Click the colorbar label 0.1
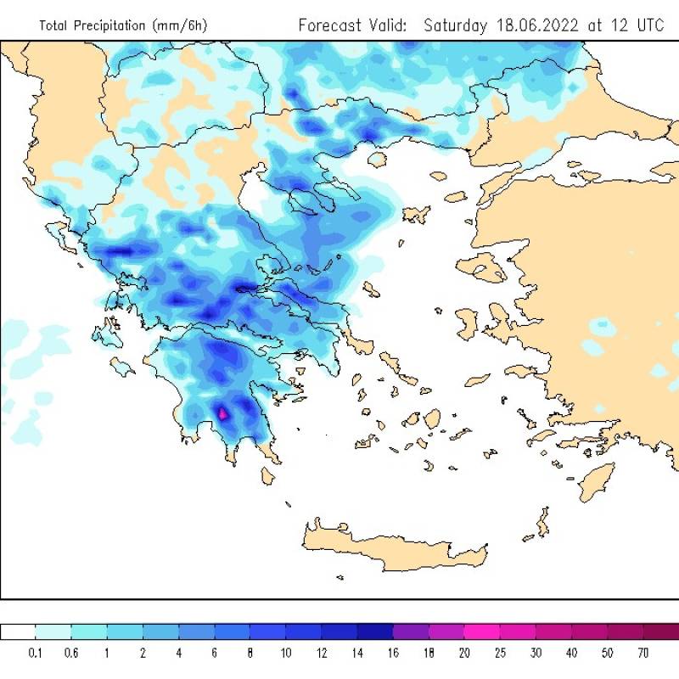[x=36, y=653]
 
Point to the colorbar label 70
[x=643, y=653]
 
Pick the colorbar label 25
[x=501, y=653]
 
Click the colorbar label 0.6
[x=72, y=653]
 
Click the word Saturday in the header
[x=454, y=25]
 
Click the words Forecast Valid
[x=352, y=25]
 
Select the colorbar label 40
[x=572, y=653]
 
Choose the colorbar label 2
[x=143, y=653]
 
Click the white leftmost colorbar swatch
[x=18, y=631]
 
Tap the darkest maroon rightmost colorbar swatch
[x=661, y=631]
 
